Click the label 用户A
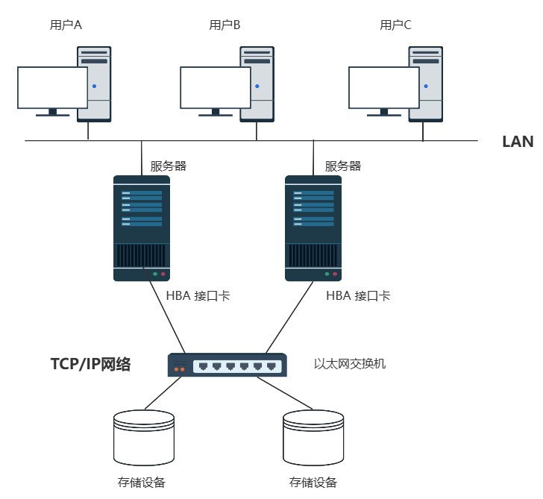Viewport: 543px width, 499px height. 66,25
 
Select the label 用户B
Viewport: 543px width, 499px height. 225,25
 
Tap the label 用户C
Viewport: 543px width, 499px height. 395,25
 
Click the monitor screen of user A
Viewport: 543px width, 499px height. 52,87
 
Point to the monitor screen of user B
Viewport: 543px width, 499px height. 216,87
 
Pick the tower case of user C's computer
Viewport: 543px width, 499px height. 426,84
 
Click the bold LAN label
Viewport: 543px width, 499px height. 518,142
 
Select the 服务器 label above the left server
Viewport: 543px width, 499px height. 169,166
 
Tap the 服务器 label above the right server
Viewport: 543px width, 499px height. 343,166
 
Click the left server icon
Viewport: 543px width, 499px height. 142,227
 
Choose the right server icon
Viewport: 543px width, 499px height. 314,227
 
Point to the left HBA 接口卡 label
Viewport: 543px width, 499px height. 198,296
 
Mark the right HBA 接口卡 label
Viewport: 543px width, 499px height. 358,296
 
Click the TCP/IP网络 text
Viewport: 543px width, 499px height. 90,365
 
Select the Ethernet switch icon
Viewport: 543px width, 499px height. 227,365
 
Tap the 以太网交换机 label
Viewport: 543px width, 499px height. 350,364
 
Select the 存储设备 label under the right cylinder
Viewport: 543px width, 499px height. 313,482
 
